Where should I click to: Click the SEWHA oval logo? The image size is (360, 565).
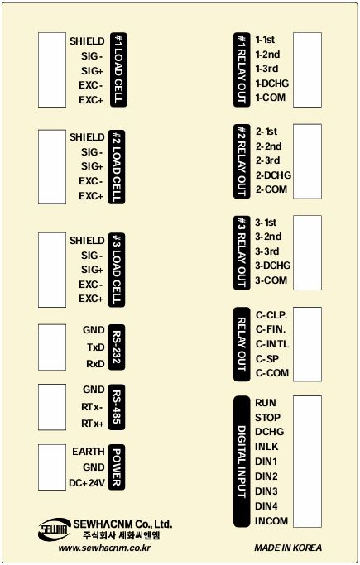tap(54, 529)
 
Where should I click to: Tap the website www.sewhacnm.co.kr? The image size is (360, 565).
tap(104, 548)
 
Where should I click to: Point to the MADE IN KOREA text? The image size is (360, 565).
tap(288, 548)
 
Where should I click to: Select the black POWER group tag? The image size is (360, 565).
tap(117, 467)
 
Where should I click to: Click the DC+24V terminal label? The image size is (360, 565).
tap(87, 483)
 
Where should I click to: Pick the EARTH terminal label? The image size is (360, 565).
tap(89, 452)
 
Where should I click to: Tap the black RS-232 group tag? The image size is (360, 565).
tap(117, 347)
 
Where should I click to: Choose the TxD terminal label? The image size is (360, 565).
tap(95, 347)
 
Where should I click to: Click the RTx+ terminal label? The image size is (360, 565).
tap(93, 424)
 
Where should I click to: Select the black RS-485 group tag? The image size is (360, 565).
tap(117, 407)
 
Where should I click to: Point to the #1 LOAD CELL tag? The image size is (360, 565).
tap(118, 69)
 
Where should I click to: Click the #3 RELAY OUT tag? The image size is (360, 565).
tap(242, 252)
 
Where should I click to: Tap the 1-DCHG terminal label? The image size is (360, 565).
tap(272, 84)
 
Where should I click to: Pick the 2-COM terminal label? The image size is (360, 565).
tap(271, 189)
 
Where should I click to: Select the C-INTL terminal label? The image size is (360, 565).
tap(272, 344)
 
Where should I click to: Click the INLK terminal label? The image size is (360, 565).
tap(266, 447)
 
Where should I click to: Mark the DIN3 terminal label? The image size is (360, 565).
tap(266, 491)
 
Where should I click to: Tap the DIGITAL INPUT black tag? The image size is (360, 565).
tap(242, 462)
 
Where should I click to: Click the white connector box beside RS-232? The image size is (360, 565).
tap(52, 347)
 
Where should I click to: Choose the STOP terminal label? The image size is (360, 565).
tap(267, 418)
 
